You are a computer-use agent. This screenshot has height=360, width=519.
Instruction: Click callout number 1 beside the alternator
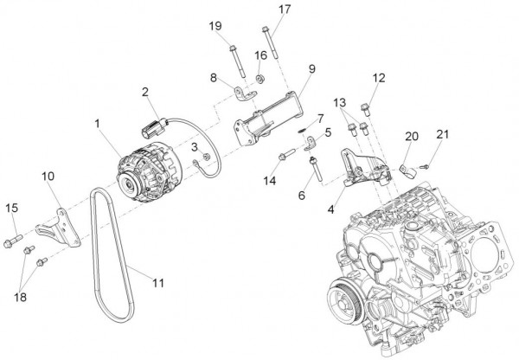pos(99,125)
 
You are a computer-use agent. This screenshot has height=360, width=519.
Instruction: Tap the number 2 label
pos(146,92)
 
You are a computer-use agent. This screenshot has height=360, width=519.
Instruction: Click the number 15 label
pos(11,207)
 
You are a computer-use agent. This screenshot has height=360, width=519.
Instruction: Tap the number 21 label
pos(444,134)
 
